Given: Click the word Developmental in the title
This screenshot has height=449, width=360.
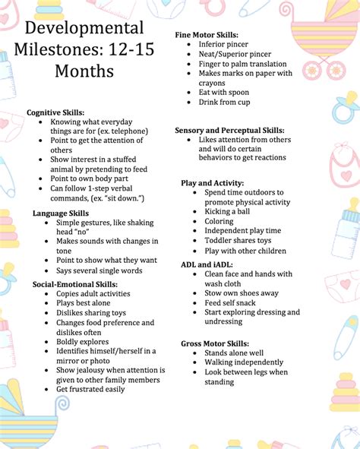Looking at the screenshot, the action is tap(84, 29).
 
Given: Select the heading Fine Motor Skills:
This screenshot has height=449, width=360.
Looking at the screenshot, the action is tap(207, 35).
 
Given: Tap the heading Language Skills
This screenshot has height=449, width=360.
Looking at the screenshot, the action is tap(61, 213).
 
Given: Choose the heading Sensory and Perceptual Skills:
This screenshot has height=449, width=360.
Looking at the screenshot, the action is tap(229, 130).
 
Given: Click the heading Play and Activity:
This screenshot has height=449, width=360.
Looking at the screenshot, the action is tap(212, 183).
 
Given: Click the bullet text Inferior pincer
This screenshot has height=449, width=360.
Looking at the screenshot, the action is tap(223, 45).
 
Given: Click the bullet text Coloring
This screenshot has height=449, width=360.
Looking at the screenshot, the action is tap(219, 222).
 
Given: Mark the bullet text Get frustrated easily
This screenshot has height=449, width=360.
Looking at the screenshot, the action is tap(91, 388).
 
